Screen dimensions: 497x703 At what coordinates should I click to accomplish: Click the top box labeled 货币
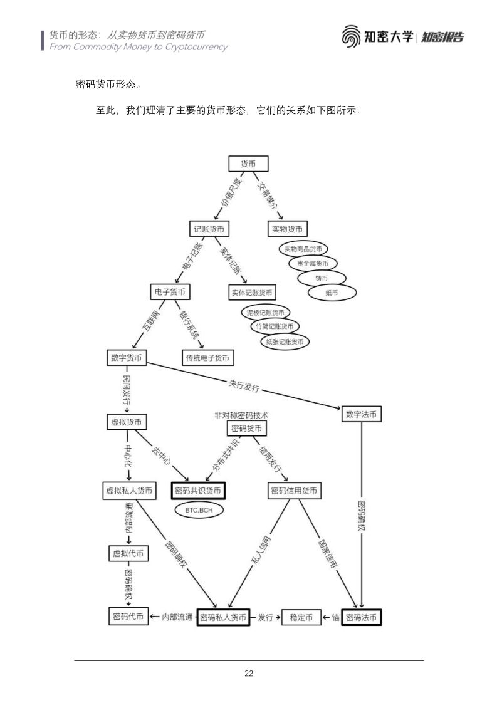248,164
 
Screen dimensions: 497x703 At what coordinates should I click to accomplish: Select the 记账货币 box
209,229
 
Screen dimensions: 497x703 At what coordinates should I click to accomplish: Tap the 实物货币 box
287,229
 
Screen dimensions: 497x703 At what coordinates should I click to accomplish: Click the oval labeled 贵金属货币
312,264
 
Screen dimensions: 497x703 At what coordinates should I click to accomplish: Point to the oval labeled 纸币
332,293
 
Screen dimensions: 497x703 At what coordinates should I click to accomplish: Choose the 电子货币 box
170,292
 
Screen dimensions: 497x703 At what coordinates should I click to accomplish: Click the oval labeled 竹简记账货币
275,327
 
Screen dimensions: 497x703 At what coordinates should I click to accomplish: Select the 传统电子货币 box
207,358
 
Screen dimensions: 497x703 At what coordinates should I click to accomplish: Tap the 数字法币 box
361,414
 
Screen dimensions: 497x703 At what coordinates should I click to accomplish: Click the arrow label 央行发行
244,385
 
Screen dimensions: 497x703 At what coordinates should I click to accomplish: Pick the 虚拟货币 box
127,422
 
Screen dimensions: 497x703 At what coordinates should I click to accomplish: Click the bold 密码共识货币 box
198,491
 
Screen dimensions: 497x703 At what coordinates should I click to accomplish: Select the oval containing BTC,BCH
199,510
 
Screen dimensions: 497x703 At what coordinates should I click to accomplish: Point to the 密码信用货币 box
295,491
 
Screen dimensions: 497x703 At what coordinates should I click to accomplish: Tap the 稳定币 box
301,617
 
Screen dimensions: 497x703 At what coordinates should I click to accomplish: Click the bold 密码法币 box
361,617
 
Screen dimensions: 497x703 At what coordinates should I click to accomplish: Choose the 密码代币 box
128,617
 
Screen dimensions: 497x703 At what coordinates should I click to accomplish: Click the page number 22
249,674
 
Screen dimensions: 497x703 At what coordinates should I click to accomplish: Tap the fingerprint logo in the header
351,36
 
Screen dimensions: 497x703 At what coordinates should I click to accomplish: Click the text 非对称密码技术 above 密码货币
241,415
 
